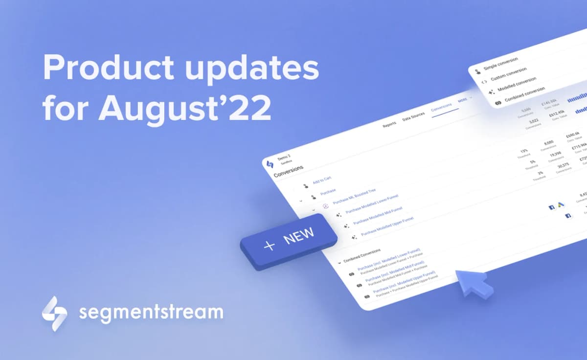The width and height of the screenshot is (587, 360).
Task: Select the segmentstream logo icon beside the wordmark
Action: (54, 313)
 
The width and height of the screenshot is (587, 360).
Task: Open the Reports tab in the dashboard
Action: (389, 124)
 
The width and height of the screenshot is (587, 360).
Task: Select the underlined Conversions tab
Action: (441, 109)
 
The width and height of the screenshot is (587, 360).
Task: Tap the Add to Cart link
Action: (322, 181)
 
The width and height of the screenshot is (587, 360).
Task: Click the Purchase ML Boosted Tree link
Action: (354, 196)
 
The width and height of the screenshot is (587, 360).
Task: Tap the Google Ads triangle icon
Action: (560, 205)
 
